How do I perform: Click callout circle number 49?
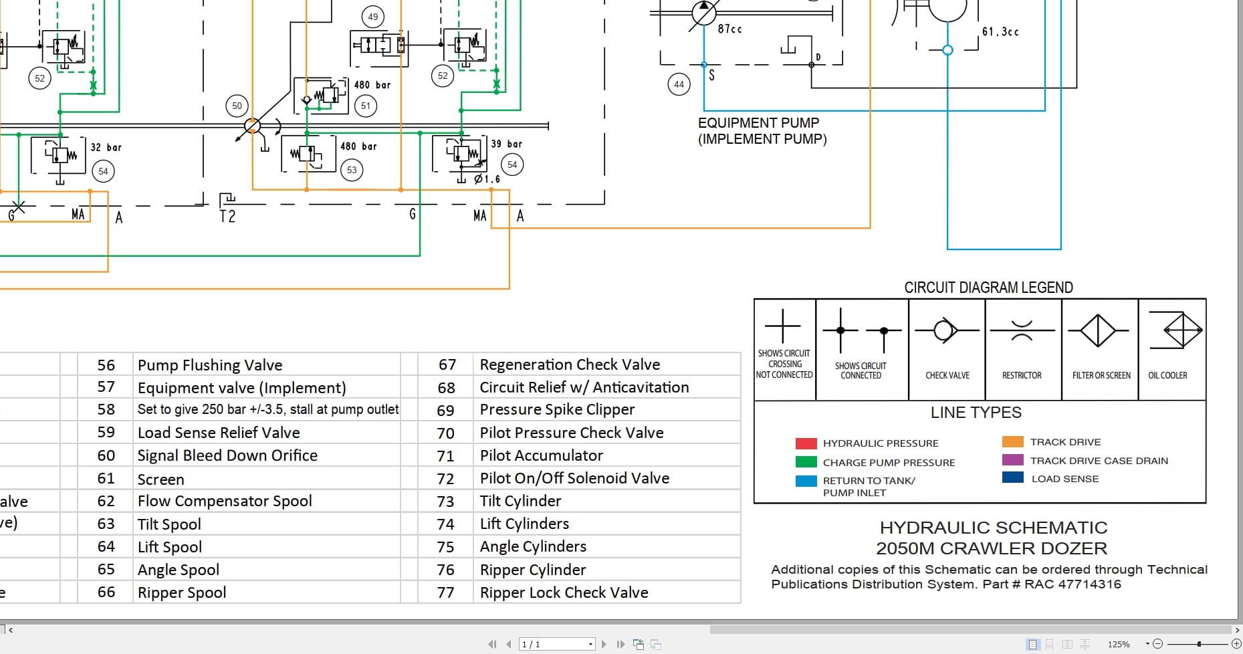[373, 17]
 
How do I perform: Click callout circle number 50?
[237, 106]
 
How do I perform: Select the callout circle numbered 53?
[352, 170]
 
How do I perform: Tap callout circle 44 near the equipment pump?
[679, 84]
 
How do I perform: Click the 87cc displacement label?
[729, 29]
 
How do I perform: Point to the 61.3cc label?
[1000, 31]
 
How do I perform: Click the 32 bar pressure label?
[106, 147]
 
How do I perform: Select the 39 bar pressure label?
[506, 144]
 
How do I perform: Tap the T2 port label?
[227, 216]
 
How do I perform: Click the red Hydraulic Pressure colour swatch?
[806, 443]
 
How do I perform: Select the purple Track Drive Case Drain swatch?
[1012, 460]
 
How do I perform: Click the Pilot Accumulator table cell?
[541, 455]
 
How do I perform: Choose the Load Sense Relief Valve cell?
[219, 433]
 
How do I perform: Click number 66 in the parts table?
[106, 592]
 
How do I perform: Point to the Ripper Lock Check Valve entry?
[564, 592]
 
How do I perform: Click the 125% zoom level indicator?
[1119, 644]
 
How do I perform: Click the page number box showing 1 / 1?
[556, 644]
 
